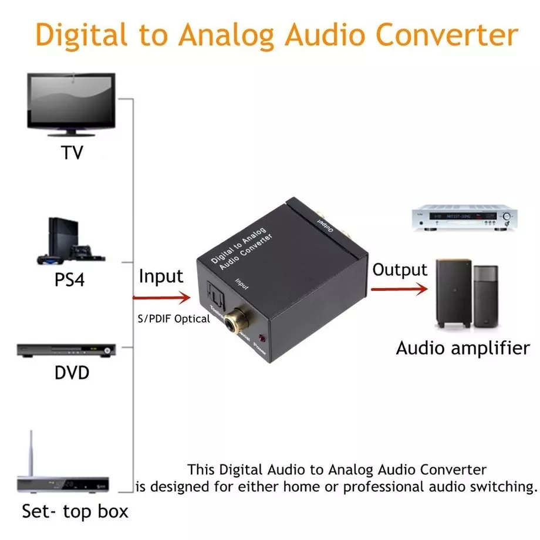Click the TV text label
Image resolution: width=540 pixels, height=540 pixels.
[x=72, y=153]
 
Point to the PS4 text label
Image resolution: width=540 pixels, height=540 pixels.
[x=70, y=279]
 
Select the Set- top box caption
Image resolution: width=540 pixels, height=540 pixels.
[x=75, y=511]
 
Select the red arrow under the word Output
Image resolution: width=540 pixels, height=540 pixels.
[x=399, y=289]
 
